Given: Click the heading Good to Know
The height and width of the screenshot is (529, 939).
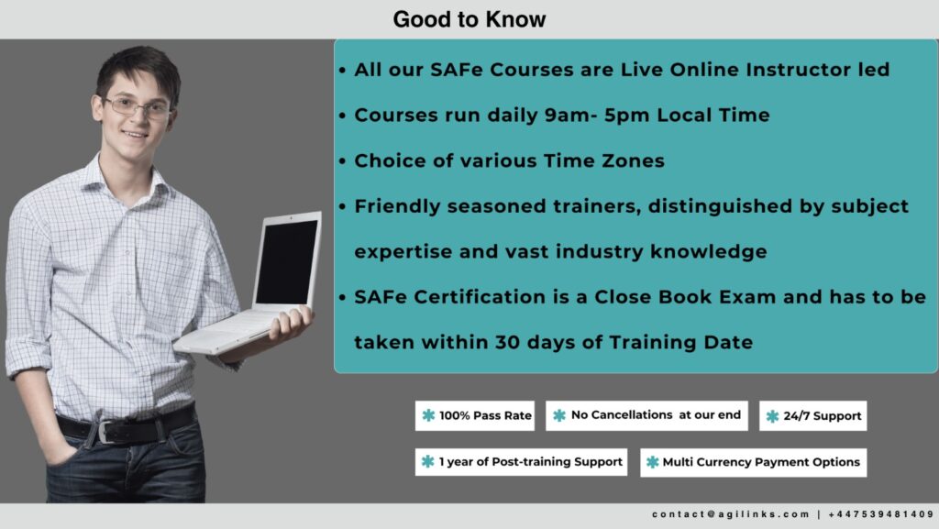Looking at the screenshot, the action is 469,19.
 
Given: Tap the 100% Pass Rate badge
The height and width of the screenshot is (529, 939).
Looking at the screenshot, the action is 475,415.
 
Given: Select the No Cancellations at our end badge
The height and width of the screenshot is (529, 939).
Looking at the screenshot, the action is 646,415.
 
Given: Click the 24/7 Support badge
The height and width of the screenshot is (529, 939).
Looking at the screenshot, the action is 812,415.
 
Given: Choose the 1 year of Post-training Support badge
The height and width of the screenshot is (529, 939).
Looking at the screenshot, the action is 521,462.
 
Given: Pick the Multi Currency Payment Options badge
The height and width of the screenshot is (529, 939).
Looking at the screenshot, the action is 754,462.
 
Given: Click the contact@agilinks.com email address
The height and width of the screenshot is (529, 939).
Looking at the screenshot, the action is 731,514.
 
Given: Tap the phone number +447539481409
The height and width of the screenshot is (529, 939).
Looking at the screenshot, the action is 881,514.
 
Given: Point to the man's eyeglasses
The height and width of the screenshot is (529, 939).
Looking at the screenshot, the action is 138,107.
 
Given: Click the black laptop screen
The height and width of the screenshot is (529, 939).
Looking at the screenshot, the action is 286,261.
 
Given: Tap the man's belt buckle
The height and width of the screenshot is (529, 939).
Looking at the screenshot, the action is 106,432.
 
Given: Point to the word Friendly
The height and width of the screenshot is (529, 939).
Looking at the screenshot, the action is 397,206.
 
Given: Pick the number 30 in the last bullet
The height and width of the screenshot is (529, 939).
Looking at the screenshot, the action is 507,342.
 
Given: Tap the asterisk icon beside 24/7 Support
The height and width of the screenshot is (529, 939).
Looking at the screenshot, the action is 772,416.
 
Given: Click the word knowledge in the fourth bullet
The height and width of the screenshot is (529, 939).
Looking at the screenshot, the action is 709,252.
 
